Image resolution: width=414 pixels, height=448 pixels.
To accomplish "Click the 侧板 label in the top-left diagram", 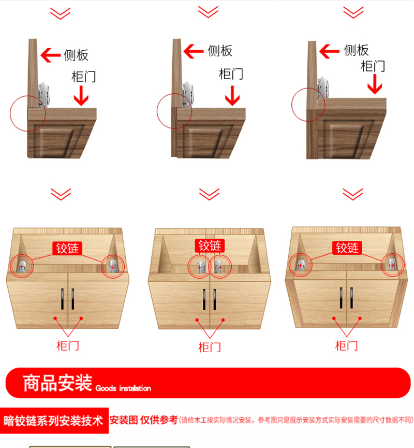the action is click(x=76, y=55).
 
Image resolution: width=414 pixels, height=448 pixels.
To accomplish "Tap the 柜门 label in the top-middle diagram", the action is click(x=231, y=74).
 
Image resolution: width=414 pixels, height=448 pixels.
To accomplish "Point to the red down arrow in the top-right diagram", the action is click(x=375, y=84).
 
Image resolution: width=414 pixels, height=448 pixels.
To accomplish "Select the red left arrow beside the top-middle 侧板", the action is click(x=194, y=51).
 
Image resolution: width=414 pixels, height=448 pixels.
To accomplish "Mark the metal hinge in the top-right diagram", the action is click(x=323, y=88).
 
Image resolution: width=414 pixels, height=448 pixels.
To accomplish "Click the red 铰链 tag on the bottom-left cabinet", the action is click(x=67, y=248).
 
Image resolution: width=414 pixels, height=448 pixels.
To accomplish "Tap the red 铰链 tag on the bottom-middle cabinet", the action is click(x=210, y=245).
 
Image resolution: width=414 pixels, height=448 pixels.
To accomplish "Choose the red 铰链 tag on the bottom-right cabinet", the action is click(x=347, y=248).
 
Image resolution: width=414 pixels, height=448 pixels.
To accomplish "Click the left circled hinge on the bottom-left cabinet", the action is click(x=22, y=267).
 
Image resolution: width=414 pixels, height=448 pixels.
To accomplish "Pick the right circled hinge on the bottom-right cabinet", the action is click(x=392, y=265).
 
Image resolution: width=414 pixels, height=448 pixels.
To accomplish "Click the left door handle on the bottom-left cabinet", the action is click(x=62, y=299).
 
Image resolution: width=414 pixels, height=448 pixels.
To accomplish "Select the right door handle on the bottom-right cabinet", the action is click(x=351, y=298).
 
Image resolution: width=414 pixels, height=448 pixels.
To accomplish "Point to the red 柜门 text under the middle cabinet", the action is click(x=210, y=347).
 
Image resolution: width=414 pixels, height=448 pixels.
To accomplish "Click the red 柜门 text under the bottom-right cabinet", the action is click(x=346, y=345).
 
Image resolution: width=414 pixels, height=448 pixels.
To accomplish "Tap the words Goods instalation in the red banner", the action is click(x=123, y=388).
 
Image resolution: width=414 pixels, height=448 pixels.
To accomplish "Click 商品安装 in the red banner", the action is click(x=57, y=383).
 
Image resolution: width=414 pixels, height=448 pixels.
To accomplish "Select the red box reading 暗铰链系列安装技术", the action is click(x=54, y=421).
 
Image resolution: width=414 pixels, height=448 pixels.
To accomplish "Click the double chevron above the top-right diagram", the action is click(x=353, y=12).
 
